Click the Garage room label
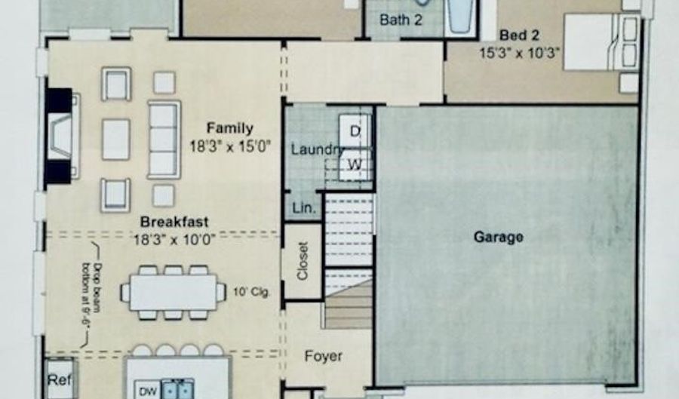(499, 237)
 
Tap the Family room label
(229, 128)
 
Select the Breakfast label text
(174, 222)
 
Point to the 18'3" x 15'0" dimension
(230, 147)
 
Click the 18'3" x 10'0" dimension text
(174, 239)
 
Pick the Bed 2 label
(519, 35)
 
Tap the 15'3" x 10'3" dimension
(519, 53)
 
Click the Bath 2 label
(401, 20)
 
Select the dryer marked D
(355, 130)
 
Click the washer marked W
(355, 164)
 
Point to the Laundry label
(318, 150)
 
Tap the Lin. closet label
(304, 208)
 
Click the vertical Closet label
(303, 260)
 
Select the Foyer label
(323, 356)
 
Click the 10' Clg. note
(251, 292)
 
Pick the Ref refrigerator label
(60, 380)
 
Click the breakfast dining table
(174, 293)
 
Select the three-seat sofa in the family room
(164, 140)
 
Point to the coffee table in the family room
(116, 140)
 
